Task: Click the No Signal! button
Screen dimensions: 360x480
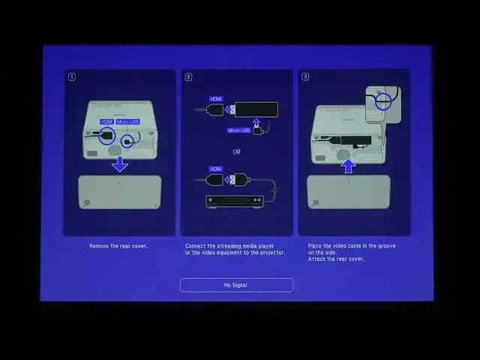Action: (235, 285)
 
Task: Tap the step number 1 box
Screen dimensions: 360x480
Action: (72, 76)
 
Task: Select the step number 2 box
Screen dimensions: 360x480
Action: (189, 76)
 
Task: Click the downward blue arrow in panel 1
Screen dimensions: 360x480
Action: (120, 163)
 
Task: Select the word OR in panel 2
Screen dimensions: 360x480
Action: (236, 151)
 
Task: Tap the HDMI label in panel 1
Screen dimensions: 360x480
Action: (106, 121)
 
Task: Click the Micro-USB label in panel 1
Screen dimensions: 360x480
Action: (127, 121)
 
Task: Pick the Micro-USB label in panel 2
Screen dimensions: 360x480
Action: (238, 130)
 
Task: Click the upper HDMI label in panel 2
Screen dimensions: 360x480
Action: (217, 98)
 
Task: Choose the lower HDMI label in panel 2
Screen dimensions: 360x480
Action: (217, 169)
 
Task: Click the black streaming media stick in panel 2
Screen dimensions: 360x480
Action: (256, 109)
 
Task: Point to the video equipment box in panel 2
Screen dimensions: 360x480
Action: (234, 201)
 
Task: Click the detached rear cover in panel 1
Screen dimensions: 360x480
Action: (119, 192)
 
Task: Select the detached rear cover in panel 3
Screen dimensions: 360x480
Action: (348, 191)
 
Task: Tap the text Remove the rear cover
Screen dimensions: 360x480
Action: (118, 246)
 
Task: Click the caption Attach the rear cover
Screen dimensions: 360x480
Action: (336, 259)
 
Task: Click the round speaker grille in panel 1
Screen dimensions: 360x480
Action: (115, 149)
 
